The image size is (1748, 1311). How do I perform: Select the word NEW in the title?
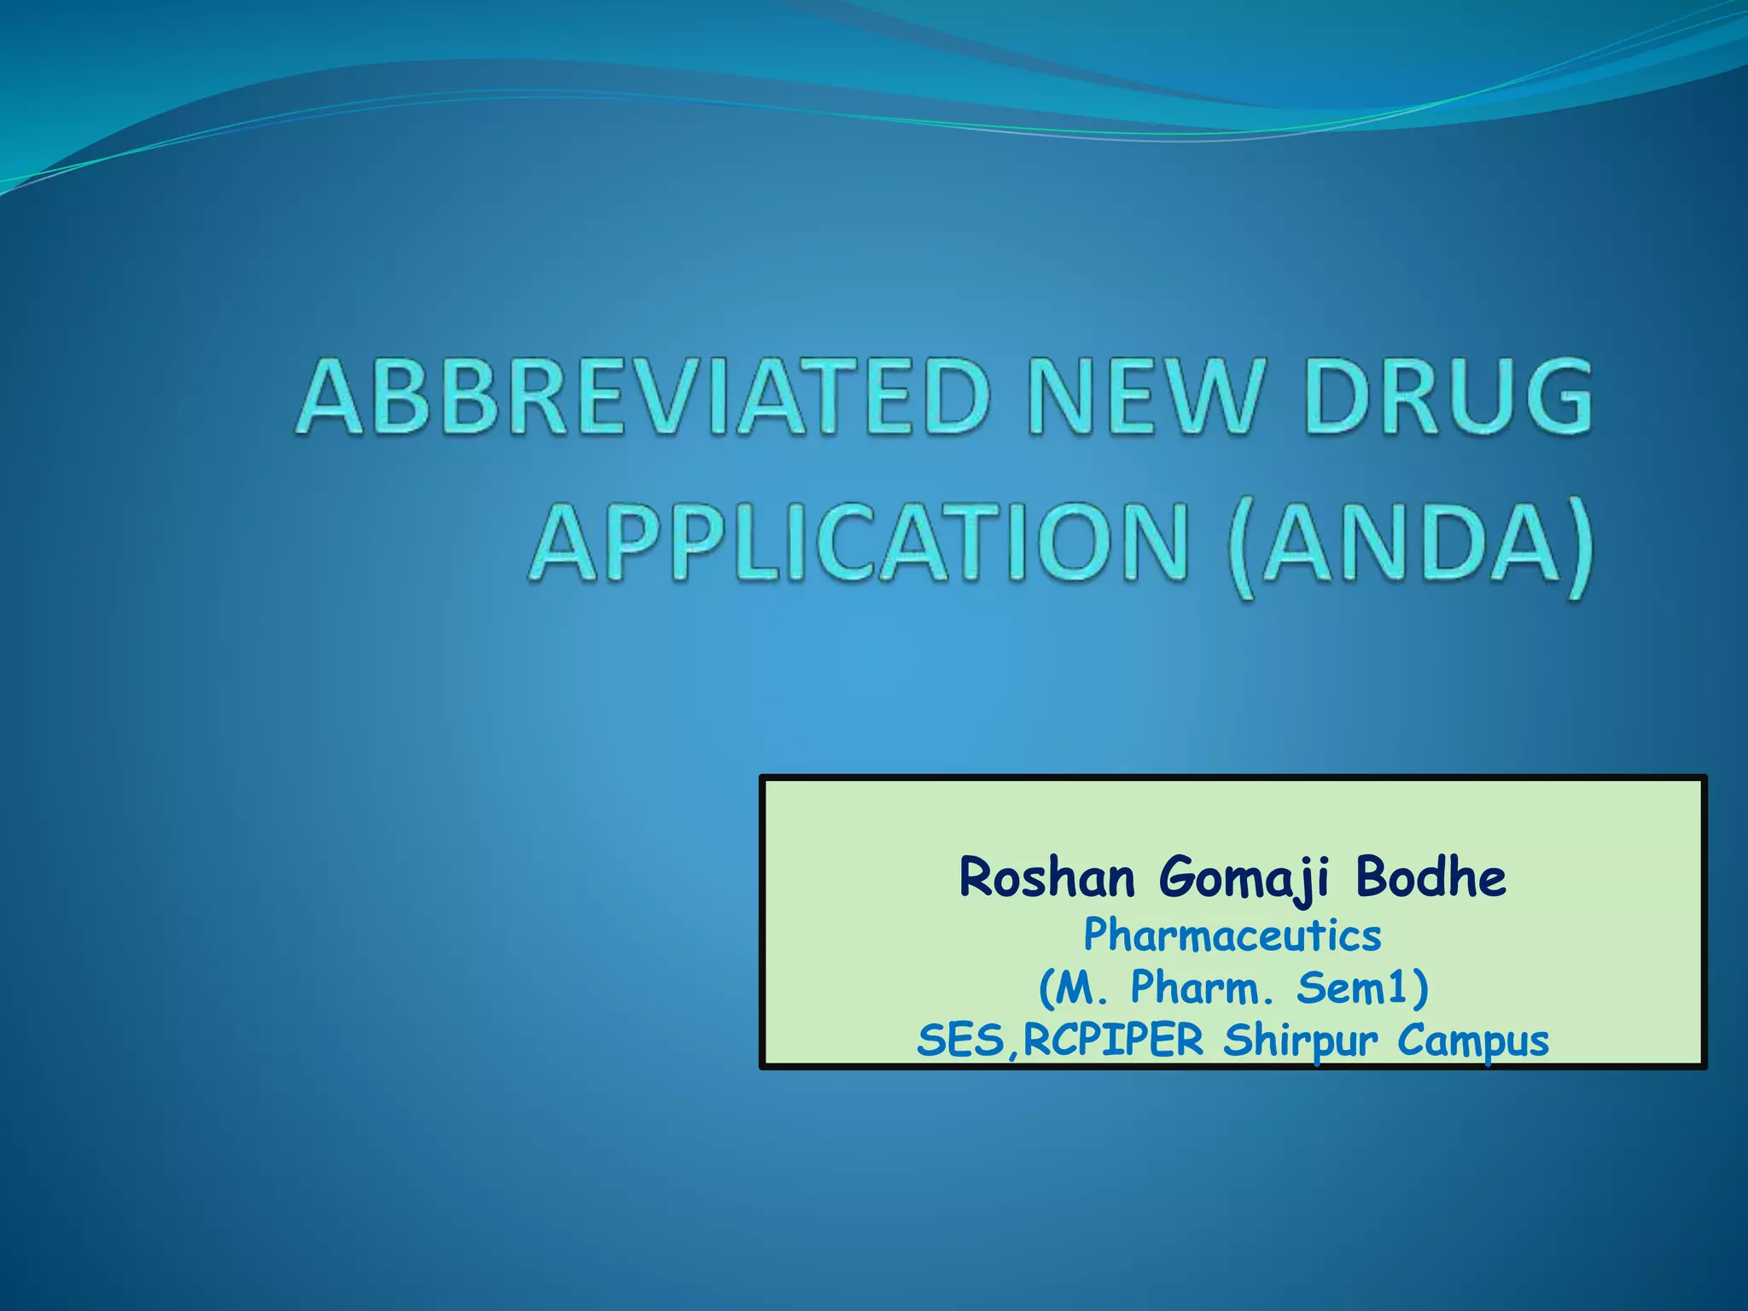(1144, 398)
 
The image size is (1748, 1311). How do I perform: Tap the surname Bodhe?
(1430, 877)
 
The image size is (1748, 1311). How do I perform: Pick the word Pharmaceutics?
(1232, 935)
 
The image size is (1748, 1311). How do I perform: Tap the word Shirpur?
(1301, 1042)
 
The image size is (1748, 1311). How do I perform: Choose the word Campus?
(1473, 1042)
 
